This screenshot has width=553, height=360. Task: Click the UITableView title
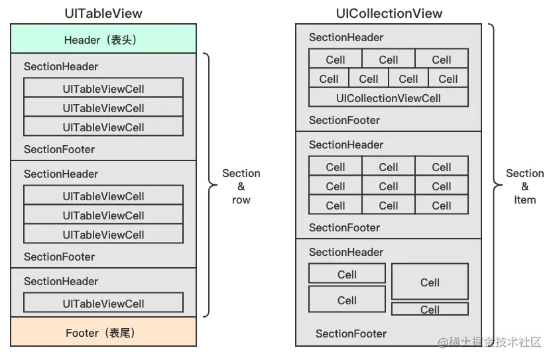coord(103,13)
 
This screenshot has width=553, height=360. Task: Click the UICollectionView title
coord(389,13)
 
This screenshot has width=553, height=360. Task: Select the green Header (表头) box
coord(103,40)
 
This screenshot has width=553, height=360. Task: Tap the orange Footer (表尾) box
coord(103,333)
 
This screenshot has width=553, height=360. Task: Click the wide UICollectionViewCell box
coord(389,98)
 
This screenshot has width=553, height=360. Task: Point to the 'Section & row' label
coord(241,186)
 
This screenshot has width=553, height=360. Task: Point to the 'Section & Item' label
coord(524,186)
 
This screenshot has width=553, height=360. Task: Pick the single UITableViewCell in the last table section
coord(103,304)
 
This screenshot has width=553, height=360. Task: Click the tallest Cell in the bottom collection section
coord(430,282)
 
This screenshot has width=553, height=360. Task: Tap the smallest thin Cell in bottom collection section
coord(430,310)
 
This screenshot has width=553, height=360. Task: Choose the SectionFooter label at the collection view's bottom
coord(351,333)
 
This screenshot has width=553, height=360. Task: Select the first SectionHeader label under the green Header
coord(61,66)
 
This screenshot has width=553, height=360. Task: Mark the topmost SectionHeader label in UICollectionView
coord(346,37)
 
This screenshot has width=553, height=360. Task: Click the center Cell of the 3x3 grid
coord(389,186)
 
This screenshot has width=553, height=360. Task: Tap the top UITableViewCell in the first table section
coord(103,88)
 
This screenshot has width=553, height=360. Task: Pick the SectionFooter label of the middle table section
coord(60,257)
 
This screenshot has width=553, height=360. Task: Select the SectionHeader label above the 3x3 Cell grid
coord(346,145)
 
